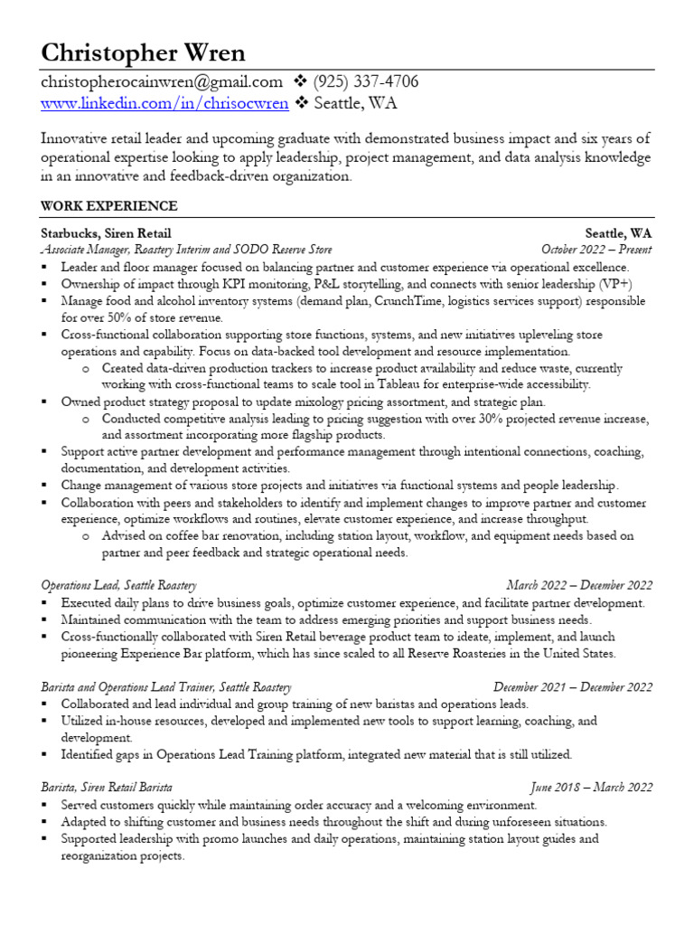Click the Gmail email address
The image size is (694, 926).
pyautogui.click(x=162, y=82)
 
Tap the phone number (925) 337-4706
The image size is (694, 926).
pyautogui.click(x=366, y=82)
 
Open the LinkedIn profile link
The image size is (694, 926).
pyautogui.click(x=164, y=103)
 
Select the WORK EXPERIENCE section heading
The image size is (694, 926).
pyautogui.click(x=108, y=206)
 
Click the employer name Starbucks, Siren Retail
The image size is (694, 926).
pyautogui.click(x=106, y=233)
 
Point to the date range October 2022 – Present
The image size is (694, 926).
pyautogui.click(x=596, y=250)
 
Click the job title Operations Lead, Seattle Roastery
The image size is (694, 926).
pyautogui.click(x=118, y=586)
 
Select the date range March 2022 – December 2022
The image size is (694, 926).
pyautogui.click(x=579, y=586)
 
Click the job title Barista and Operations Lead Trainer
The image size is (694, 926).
pyautogui.click(x=166, y=687)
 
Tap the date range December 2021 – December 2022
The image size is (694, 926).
pyautogui.click(x=573, y=687)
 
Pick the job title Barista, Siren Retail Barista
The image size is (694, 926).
pyautogui.click(x=107, y=788)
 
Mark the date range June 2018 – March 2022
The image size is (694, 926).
pyautogui.click(x=591, y=788)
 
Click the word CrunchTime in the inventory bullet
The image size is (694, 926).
pyautogui.click(x=406, y=301)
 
